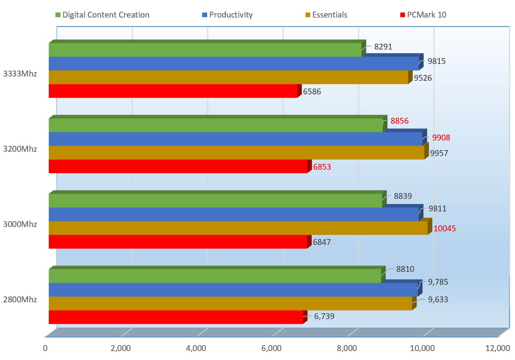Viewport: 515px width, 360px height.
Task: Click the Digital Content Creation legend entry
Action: tap(102, 15)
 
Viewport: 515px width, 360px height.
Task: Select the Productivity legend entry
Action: tap(227, 15)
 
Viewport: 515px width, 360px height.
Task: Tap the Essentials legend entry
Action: tap(326, 15)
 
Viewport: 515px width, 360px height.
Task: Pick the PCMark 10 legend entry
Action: tap(423, 15)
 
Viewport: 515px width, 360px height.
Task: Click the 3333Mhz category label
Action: tap(20, 73)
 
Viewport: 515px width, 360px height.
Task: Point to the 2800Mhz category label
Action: tap(20, 300)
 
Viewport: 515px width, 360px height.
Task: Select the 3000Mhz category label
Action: tap(20, 224)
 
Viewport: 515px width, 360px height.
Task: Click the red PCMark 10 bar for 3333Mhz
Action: tap(173, 91)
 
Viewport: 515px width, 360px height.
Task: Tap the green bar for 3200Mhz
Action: tap(216, 125)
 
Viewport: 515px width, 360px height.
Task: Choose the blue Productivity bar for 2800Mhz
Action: tap(233, 290)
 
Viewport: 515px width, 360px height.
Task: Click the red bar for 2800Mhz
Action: tap(176, 317)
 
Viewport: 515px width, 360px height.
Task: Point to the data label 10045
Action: tap(445, 228)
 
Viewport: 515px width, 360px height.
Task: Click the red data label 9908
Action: tap(441, 137)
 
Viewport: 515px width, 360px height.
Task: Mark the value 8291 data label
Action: tap(383, 47)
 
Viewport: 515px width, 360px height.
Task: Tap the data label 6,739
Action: tap(324, 316)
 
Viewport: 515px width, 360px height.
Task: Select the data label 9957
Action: tap(439, 153)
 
